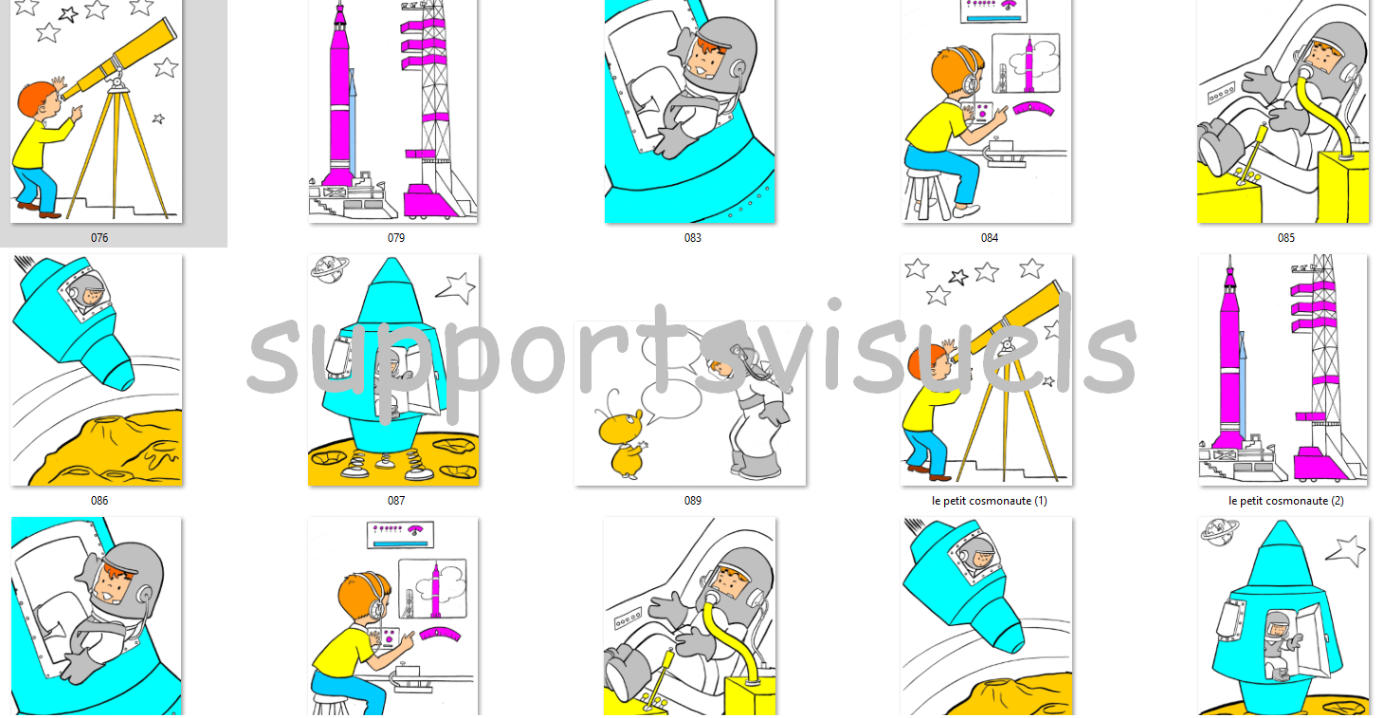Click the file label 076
[x=100, y=238]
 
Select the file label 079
[x=396, y=238]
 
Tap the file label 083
[x=693, y=238]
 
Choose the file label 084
[x=990, y=238]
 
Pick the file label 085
[x=1285, y=238]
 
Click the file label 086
[x=100, y=501]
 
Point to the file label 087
[x=396, y=501]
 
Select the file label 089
[x=693, y=501]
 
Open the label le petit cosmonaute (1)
[x=990, y=501]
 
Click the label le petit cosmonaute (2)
[x=1285, y=501]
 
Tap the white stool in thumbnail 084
[x=929, y=193]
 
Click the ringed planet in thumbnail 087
[x=330, y=269]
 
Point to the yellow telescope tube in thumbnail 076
[x=118, y=60]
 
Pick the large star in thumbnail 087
[x=457, y=288]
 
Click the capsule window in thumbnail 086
[x=88, y=294]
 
